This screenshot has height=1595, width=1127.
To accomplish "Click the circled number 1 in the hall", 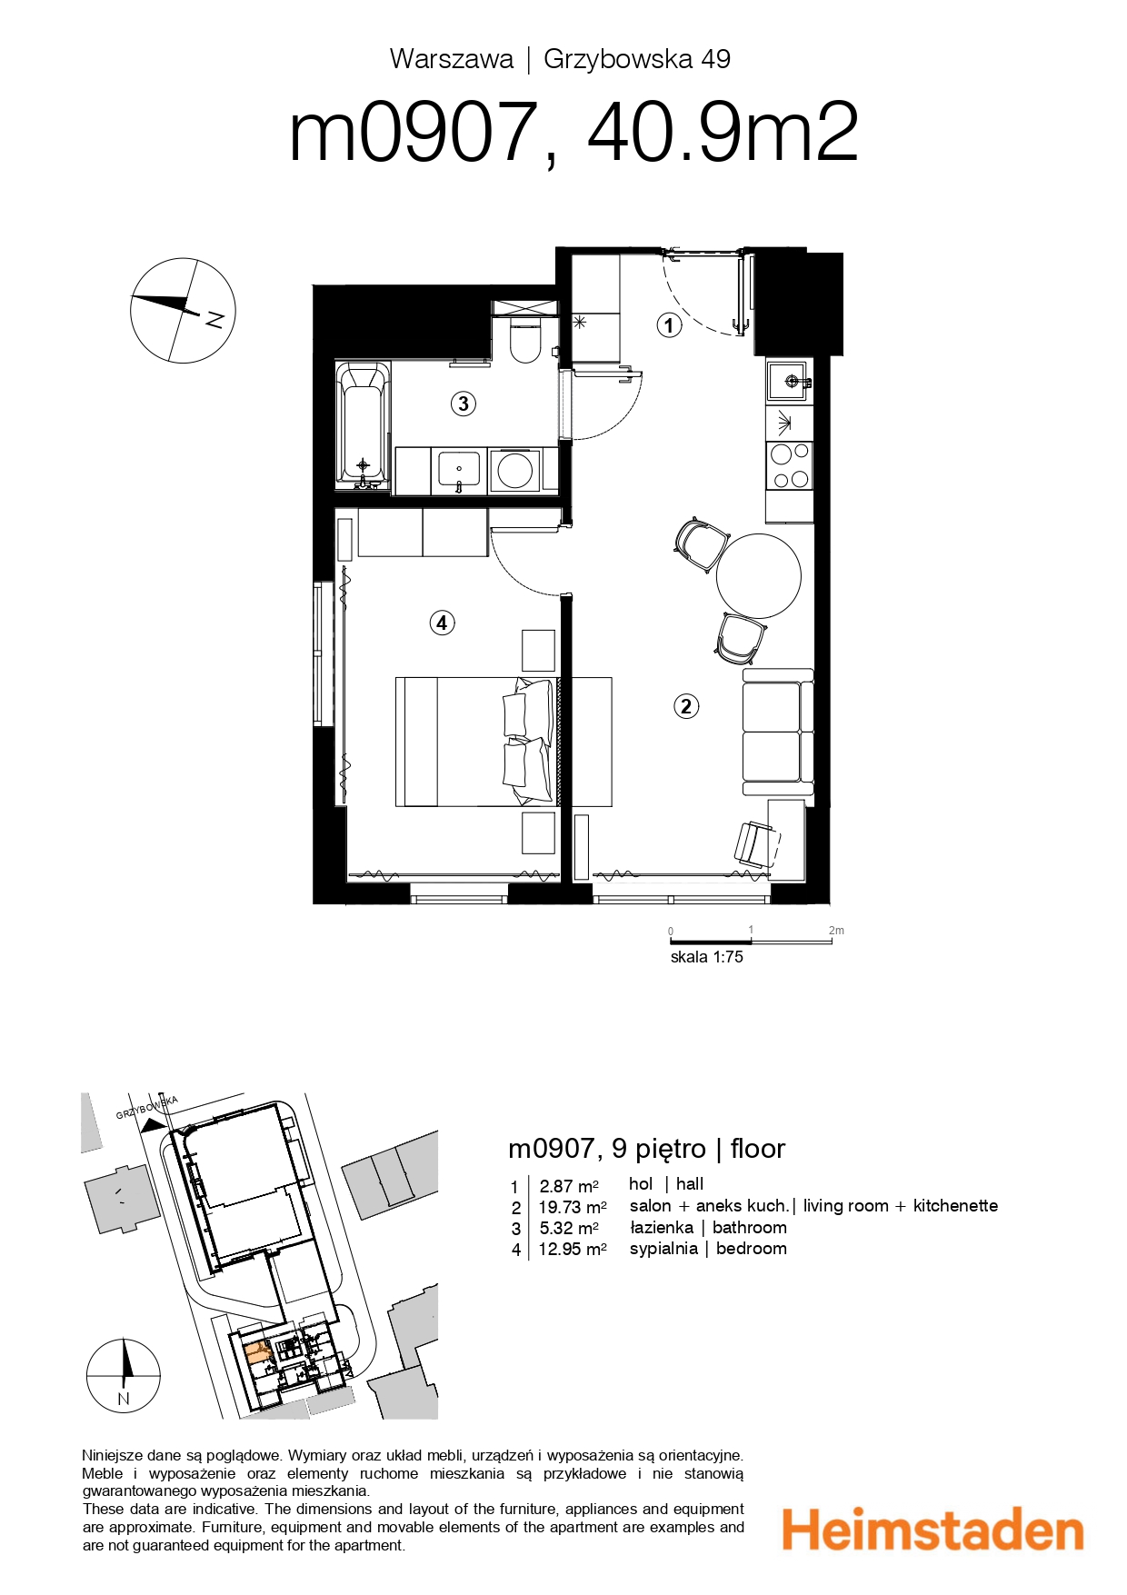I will (669, 325).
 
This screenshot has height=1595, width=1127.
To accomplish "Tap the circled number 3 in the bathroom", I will (464, 404).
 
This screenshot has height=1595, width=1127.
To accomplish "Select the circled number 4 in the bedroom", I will (442, 623).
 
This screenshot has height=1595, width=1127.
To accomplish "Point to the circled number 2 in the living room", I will (686, 706).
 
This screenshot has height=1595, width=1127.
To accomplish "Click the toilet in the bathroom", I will (525, 342).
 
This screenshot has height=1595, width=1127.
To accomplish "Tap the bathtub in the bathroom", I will (363, 423).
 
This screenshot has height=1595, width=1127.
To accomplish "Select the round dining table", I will (758, 575).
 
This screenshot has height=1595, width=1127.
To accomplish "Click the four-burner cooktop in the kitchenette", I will (789, 465).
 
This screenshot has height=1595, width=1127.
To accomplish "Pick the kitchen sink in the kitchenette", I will (787, 381).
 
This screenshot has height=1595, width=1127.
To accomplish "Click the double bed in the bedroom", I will (474, 741).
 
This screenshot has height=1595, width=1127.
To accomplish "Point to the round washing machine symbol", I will (514, 471).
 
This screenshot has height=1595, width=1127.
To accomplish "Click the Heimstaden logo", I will (933, 1530).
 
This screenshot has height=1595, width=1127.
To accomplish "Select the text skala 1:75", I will (706, 957).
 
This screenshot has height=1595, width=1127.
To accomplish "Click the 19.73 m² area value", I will (572, 1207).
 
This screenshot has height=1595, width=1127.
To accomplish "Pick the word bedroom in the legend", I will (751, 1249).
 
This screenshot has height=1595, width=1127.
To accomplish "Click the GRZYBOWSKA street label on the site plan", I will (146, 1108).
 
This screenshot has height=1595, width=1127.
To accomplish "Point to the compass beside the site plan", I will (124, 1375).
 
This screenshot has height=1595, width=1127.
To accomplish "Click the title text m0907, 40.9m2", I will (573, 134).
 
